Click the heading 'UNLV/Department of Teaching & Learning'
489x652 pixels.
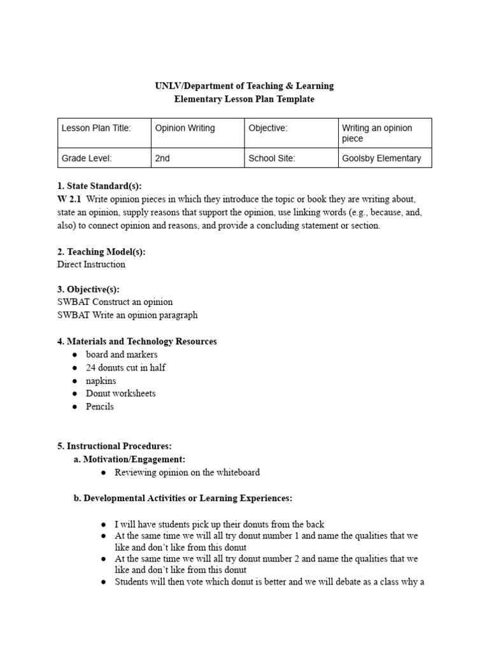244,86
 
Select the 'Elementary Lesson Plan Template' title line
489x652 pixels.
244,99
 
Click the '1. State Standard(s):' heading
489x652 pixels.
99,186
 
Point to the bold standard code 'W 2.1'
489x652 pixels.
69,199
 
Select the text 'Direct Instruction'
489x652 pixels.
91,264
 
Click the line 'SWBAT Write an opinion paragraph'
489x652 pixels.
127,315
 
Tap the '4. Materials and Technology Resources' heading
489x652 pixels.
137,341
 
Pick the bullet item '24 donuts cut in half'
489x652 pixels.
126,367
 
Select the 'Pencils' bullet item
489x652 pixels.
100,406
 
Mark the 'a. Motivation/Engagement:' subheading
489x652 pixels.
130,459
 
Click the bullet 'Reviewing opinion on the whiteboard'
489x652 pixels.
187,472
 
